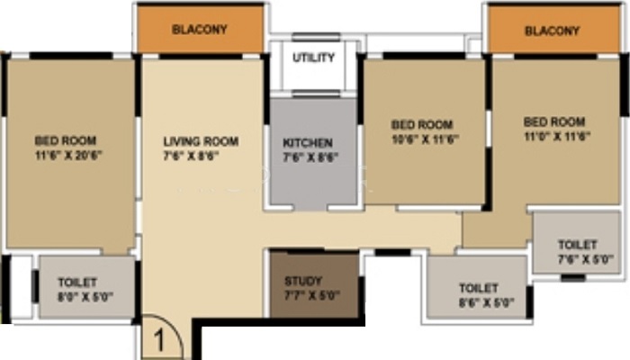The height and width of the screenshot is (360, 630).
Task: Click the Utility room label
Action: coord(313,58)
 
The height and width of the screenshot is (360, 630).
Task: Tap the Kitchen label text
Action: coord(308,143)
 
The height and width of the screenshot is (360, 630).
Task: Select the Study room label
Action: coord(303,281)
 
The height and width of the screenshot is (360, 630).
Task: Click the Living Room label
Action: coord(201,141)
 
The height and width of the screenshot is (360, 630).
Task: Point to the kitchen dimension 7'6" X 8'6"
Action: coord(310,157)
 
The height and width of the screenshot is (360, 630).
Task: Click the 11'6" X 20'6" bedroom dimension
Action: coord(69,155)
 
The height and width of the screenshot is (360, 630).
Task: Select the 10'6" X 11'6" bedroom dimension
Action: coord(425,139)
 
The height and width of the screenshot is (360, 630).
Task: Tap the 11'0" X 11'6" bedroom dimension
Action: coord(557,136)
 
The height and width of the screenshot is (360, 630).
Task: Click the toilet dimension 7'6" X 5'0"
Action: coord(586,259)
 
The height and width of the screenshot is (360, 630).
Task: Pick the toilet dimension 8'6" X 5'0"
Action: coord(487,302)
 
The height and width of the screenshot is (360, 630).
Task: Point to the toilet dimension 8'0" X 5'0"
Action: coord(85,297)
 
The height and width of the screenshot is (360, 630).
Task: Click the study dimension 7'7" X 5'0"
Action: coord(312,295)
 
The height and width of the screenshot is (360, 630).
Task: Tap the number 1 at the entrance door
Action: coord(159,341)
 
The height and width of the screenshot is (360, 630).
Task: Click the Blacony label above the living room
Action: coord(200,30)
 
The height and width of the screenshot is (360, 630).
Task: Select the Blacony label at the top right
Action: coord(552,31)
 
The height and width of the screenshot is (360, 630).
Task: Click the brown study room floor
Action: coord(314,284)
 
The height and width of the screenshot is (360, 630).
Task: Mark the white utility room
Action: coord(313,67)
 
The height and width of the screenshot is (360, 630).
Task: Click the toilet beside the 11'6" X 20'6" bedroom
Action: coord(86,287)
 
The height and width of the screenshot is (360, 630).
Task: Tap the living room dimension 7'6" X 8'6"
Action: coord(191,156)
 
